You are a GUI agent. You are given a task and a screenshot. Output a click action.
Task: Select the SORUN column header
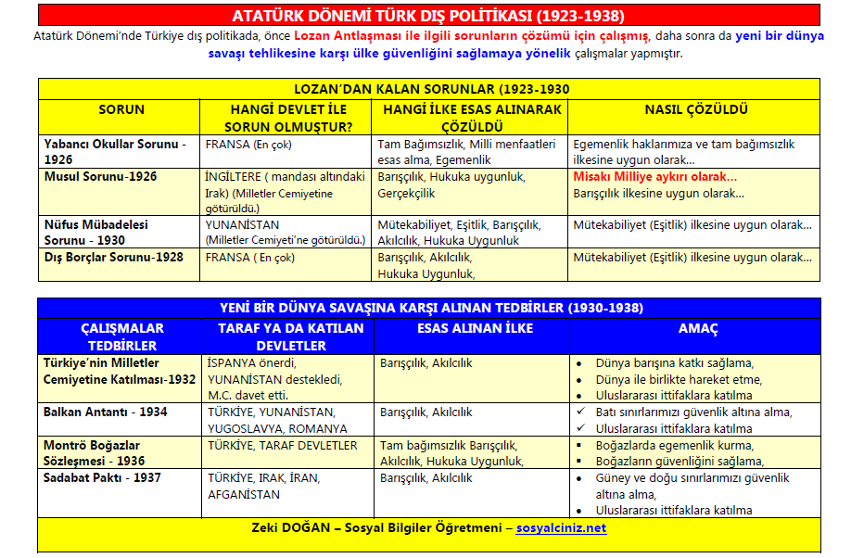click(121, 109)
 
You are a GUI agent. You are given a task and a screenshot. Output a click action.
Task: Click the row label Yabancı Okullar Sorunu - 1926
click(115, 151)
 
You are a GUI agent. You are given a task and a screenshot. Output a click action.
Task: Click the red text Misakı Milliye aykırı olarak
click(655, 176)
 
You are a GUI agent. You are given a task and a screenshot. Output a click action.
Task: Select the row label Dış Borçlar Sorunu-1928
click(113, 257)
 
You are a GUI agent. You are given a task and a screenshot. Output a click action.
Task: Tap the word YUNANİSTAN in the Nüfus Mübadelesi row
click(242, 224)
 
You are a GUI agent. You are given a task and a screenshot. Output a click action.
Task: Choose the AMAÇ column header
click(696, 328)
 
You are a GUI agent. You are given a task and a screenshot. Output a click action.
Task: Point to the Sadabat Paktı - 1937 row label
click(102, 477)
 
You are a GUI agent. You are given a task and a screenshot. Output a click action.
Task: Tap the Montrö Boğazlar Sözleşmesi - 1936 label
click(94, 452)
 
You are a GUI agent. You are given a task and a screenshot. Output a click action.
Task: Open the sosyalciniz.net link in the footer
click(561, 527)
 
